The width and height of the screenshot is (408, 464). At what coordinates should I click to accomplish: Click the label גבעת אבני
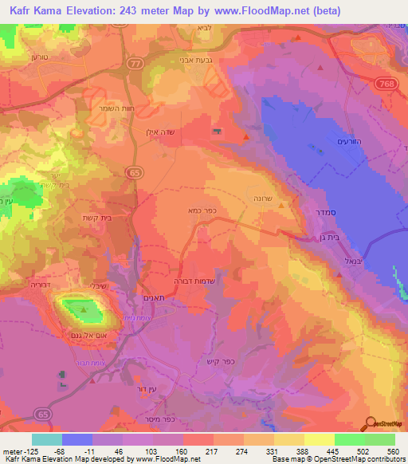(x=195, y=61)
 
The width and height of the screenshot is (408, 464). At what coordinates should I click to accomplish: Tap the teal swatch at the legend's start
(x=47, y=439)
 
